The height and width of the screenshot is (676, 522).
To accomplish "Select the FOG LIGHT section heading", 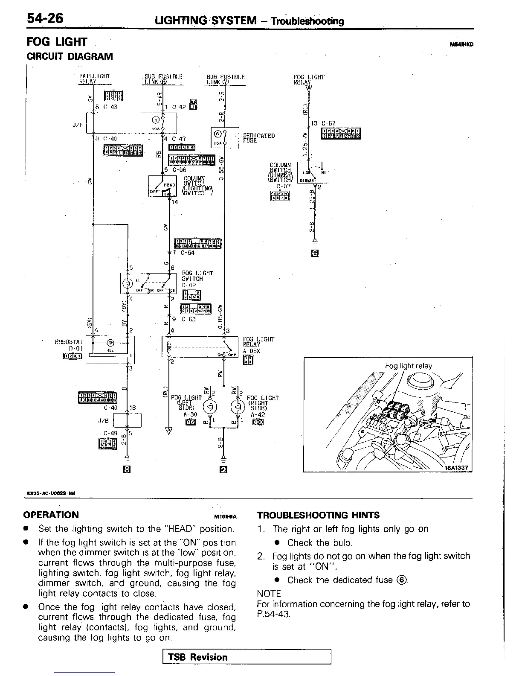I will point(57,42).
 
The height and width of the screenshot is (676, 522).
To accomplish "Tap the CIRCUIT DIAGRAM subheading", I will point(70,56).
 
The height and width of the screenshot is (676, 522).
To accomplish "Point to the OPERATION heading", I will point(51,515).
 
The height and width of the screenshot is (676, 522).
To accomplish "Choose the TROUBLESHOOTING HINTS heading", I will point(318,515).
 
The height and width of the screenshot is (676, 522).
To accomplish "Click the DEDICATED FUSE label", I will point(258,138).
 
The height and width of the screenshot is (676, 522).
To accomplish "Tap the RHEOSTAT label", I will point(68,342).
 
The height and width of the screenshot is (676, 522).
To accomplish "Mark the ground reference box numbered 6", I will point(315,253).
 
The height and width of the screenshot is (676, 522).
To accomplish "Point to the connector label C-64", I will point(187,253).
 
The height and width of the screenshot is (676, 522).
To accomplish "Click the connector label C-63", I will point(188,319).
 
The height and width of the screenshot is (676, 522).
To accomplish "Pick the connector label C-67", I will point(328,123).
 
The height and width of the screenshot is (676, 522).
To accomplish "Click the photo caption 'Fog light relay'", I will point(408,366).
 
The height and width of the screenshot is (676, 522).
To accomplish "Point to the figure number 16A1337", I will point(456,467).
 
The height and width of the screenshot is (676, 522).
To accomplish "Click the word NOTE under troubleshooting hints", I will point(269,594).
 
